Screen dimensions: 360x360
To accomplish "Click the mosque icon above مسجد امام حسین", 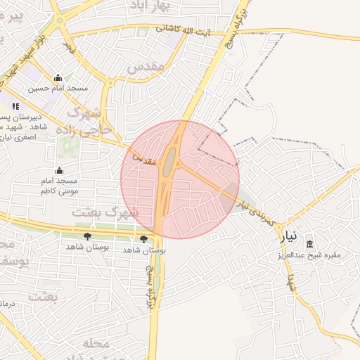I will [58, 78].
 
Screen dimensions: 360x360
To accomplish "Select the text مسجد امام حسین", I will [58, 89].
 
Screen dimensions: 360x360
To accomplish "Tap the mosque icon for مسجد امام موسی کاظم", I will [59, 171].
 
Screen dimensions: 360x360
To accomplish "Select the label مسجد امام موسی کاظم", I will [58, 186].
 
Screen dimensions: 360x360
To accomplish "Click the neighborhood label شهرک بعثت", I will [105, 211].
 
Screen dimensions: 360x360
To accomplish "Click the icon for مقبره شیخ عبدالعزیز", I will [309, 244].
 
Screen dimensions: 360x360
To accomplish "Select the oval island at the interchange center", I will [169, 162].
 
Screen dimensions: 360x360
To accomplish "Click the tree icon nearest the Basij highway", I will [144, 239].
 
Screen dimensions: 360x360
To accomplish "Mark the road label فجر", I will [69, 48].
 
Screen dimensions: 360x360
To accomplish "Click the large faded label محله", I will [97, 344].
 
